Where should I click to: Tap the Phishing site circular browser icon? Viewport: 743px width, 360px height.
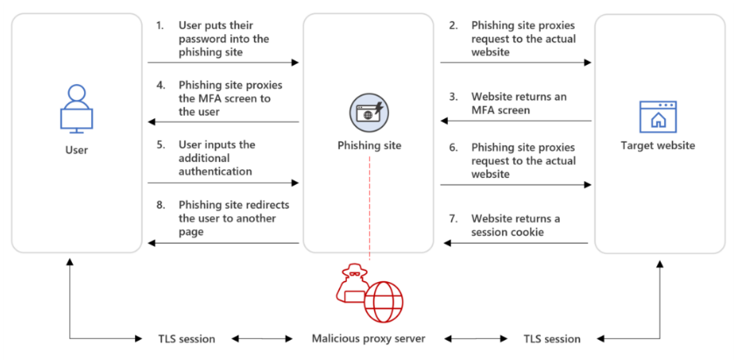[369, 111]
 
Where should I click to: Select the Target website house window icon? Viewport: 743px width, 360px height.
[659, 116]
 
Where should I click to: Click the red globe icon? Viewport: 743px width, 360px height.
[383, 301]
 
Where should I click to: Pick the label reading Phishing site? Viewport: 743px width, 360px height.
[369, 145]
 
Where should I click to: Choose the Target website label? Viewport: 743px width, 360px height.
[659, 145]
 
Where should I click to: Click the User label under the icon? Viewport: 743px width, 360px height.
[76, 150]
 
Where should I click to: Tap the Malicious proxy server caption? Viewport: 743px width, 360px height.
[369, 339]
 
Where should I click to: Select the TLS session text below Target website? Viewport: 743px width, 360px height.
[551, 339]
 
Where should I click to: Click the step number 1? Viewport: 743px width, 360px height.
[159, 26]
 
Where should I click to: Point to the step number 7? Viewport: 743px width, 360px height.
[453, 218]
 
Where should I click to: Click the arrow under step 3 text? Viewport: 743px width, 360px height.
[515, 123]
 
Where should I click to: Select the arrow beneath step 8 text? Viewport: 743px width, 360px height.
[223, 244]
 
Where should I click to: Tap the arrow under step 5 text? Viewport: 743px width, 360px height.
[223, 183]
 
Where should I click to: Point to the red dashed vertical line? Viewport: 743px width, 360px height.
[369, 210]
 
